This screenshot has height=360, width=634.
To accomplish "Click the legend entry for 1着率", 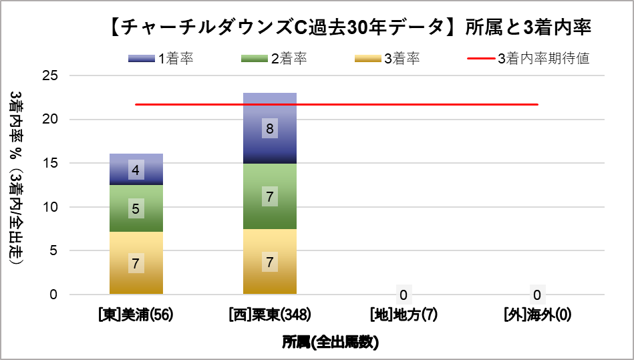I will click(161, 59).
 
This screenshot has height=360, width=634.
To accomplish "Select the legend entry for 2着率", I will click(274, 59).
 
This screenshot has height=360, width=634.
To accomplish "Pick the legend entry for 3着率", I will click(387, 59).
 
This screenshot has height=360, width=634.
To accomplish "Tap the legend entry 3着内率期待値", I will click(528, 59).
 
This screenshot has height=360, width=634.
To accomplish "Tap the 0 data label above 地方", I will click(404, 295).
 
